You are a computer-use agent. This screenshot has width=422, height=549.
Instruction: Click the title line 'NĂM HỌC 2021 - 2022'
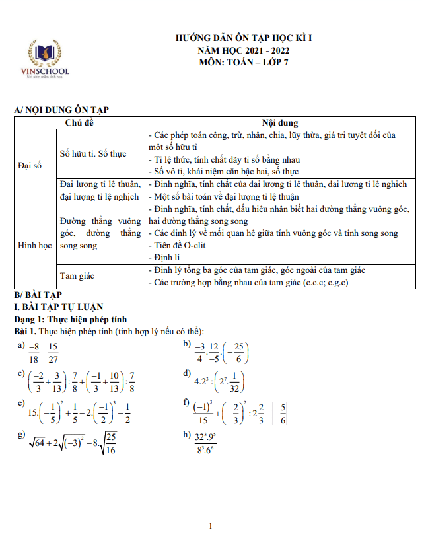pos(244,50)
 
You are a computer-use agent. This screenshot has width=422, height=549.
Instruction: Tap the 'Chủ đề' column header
pos(80,123)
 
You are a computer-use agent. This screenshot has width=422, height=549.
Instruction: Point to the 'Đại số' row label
pos(29,165)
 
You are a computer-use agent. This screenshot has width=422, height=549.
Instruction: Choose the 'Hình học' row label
pos(34,245)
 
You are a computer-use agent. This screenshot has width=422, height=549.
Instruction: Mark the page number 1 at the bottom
pos(211,526)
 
